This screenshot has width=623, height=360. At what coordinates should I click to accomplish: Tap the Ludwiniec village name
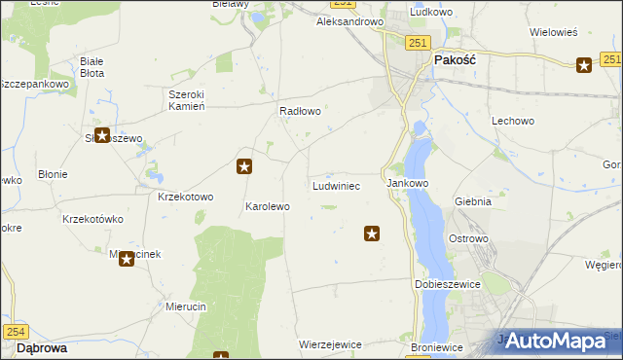[x=336, y=185]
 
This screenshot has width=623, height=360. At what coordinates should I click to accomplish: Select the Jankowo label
[x=408, y=183]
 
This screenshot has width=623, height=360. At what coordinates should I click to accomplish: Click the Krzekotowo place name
[x=185, y=197]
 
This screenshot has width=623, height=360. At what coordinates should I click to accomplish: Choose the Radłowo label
[x=300, y=111]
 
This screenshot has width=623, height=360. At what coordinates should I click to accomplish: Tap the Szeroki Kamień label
[x=186, y=100]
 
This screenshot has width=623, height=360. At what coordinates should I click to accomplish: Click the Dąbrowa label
[x=42, y=347]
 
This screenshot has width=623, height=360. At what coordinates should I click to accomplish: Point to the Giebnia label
[x=472, y=202]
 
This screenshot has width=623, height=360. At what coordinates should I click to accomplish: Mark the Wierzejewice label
[x=331, y=345]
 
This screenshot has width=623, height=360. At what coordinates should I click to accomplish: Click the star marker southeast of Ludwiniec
[x=372, y=234]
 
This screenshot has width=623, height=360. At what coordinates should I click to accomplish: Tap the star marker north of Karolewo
[x=245, y=166]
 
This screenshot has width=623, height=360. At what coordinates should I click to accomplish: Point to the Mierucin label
[x=186, y=306]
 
